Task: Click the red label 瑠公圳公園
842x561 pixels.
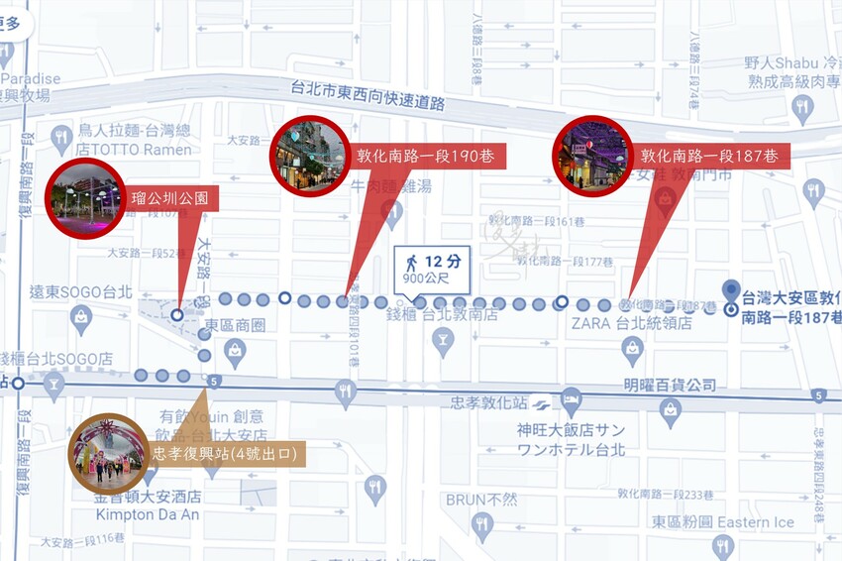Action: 168,198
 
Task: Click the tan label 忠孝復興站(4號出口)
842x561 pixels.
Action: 227,455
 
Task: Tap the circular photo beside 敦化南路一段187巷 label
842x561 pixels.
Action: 592,156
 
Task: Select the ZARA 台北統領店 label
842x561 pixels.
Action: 631,323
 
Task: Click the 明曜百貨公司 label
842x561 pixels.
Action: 671,385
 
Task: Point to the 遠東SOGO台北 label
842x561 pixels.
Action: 80,292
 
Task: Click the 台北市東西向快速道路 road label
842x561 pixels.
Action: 368,95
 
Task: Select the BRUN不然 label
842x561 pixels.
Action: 480,500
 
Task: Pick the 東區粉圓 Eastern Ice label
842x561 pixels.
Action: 723,522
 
